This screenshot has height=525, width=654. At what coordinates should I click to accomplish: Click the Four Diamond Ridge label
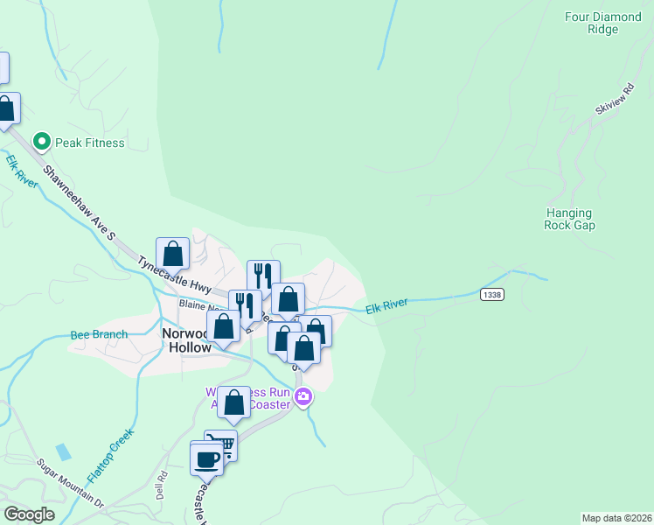click(x=603, y=23)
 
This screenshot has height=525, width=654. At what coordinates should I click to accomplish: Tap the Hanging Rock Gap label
click(x=569, y=219)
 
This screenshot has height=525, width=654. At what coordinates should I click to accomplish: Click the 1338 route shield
click(x=491, y=295)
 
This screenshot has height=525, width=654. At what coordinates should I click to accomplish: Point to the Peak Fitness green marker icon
click(x=40, y=142)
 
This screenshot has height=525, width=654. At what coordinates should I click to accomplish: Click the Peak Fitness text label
click(x=90, y=143)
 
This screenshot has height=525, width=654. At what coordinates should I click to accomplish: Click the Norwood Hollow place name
click(x=186, y=340)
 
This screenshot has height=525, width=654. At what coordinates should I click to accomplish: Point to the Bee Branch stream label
click(x=99, y=334)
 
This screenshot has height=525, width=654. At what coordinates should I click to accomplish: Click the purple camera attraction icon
click(x=303, y=397)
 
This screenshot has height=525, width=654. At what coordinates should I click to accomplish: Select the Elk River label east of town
click(x=386, y=305)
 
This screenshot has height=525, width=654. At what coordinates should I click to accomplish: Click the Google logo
click(x=29, y=514)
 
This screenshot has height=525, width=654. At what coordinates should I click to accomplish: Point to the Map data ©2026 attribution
click(x=616, y=518)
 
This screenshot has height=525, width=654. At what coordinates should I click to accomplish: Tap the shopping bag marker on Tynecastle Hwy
click(x=173, y=253)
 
